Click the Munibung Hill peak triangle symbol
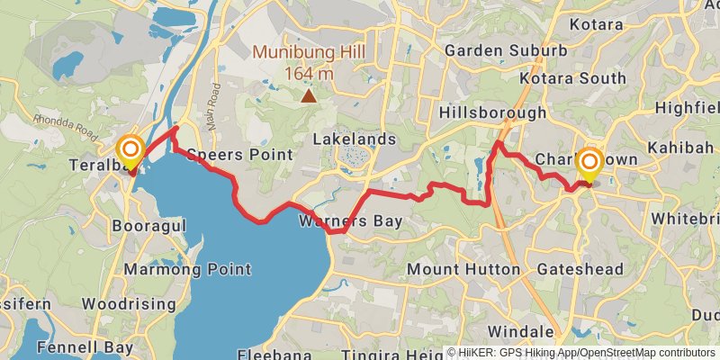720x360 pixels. [x=309, y=94]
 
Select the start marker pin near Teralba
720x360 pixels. [x=130, y=148]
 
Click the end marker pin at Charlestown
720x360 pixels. [x=589, y=165]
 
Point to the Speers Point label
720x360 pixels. [x=239, y=155]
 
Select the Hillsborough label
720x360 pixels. [x=492, y=112]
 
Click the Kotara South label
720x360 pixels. [x=585, y=79]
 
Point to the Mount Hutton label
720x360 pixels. [x=463, y=269]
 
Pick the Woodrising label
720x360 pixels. [x=133, y=304]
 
